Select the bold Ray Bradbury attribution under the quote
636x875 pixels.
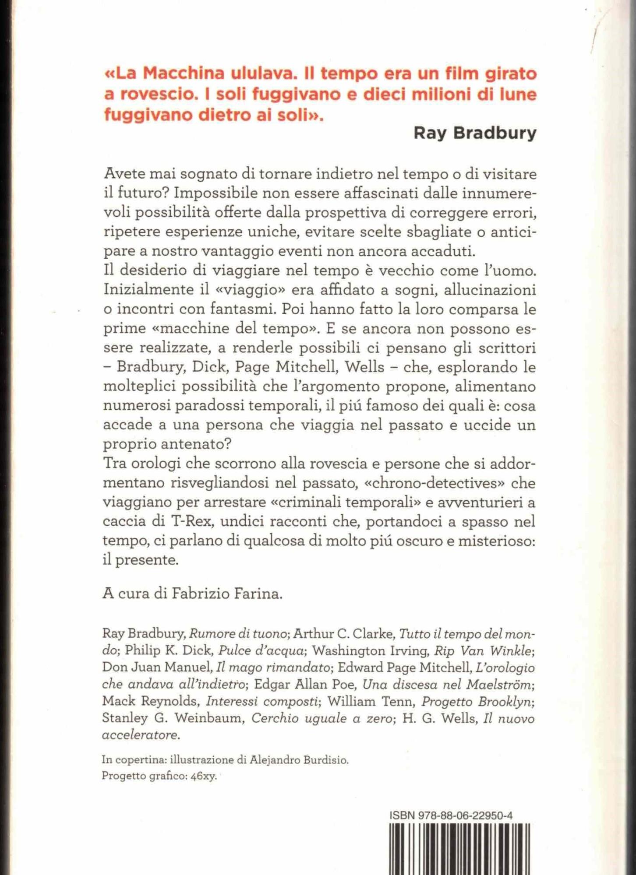(x=475, y=133)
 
